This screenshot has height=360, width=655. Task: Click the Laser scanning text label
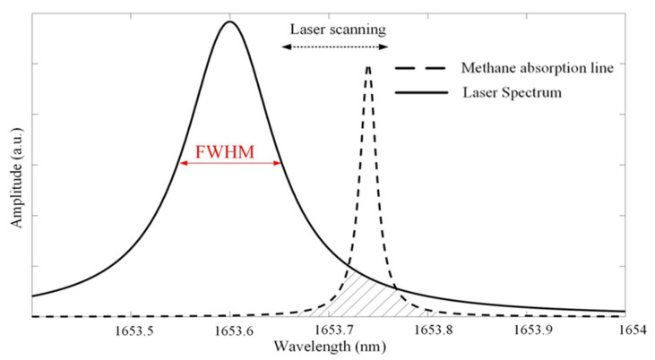(338, 28)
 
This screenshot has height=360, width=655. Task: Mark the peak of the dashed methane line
(368, 67)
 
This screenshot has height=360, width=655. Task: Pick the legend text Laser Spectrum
(512, 91)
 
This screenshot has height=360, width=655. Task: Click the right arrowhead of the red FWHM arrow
(280, 163)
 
